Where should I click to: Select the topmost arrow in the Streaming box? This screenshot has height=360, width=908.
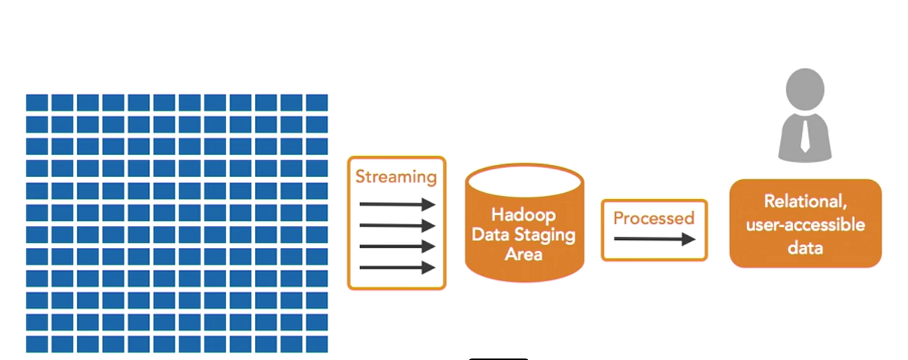pos(397,204)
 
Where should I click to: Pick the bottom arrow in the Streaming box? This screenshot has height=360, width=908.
pos(397,267)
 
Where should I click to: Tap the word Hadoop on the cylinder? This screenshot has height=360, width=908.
pos(524,216)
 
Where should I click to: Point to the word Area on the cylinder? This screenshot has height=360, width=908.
pos(524,254)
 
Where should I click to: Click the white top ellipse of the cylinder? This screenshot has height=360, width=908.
pos(524,181)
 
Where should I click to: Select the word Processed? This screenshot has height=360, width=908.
pos(654,219)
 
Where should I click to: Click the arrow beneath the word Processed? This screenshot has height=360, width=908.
pos(655,239)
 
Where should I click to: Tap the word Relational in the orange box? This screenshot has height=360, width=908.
pos(805,202)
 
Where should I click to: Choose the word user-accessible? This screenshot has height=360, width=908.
pos(805,225)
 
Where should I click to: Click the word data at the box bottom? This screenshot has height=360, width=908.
pos(805,247)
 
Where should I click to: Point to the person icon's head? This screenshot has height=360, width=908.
pos(805,89)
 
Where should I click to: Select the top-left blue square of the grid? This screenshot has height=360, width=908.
pos(37,102)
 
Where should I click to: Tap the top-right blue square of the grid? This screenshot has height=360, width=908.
pos(317,102)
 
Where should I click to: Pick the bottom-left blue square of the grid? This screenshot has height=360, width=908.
pos(37,344)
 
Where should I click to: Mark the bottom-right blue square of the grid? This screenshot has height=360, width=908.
pos(317,344)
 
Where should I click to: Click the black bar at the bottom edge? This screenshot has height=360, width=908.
pos(499,358)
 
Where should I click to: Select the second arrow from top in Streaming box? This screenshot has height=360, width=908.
pos(397,225)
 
